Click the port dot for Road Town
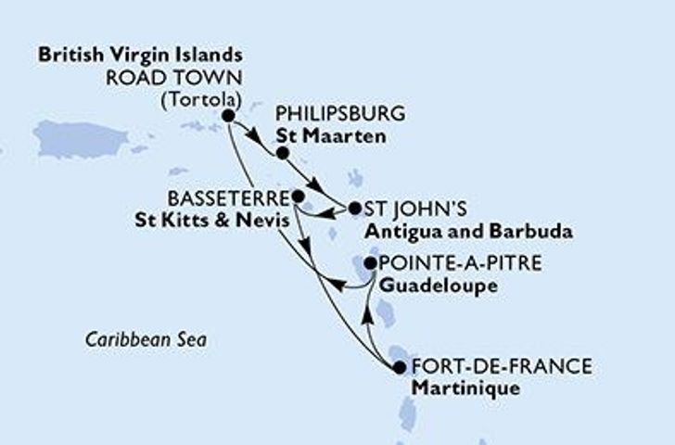227,116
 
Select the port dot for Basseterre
297,197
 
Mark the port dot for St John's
353,209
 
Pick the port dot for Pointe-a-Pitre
370,263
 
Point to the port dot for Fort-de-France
399,367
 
